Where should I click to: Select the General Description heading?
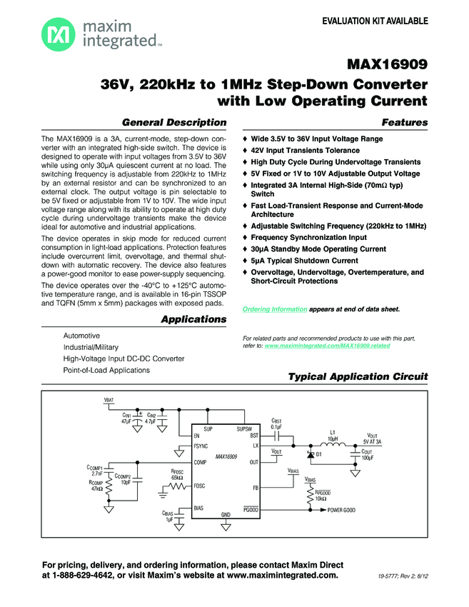(x=175, y=122)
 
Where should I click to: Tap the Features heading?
(x=405, y=122)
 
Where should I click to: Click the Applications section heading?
(x=193, y=318)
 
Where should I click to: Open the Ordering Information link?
(x=275, y=308)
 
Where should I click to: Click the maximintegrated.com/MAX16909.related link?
(x=327, y=345)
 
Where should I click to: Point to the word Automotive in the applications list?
(x=81, y=336)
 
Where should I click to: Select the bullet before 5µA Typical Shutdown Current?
(x=246, y=261)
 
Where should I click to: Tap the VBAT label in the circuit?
(x=108, y=401)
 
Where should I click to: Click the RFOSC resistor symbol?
(x=178, y=486)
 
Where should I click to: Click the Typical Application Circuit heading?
(x=357, y=376)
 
